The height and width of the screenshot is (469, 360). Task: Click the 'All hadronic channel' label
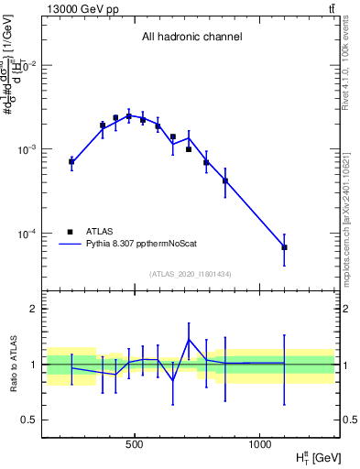click(191, 38)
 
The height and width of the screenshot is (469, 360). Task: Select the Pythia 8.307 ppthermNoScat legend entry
click(137, 245)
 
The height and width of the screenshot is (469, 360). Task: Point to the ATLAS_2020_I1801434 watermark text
click(191, 274)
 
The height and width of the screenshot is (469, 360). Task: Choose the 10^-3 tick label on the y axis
click(27, 149)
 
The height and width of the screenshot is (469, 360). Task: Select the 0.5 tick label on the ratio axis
click(30, 420)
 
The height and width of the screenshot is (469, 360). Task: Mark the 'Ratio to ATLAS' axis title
click(12, 365)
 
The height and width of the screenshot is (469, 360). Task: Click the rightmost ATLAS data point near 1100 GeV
click(284, 247)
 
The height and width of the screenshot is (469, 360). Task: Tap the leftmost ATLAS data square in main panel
click(71, 161)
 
